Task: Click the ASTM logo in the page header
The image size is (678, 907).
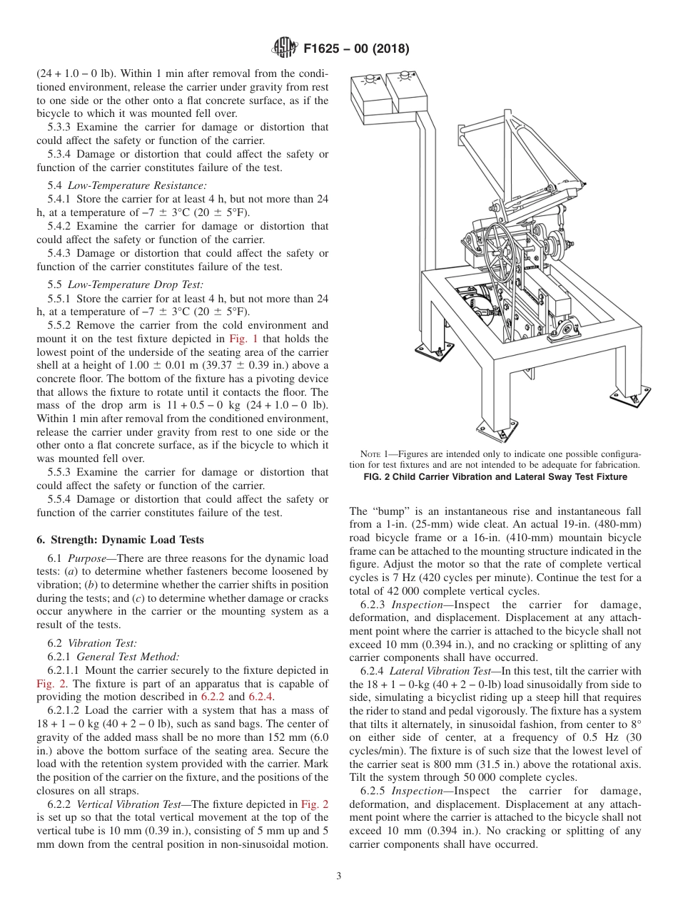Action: coord(285,48)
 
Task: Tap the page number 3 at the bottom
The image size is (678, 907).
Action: coord(338,876)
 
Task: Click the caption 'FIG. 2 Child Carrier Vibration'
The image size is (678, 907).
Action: coord(494,477)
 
